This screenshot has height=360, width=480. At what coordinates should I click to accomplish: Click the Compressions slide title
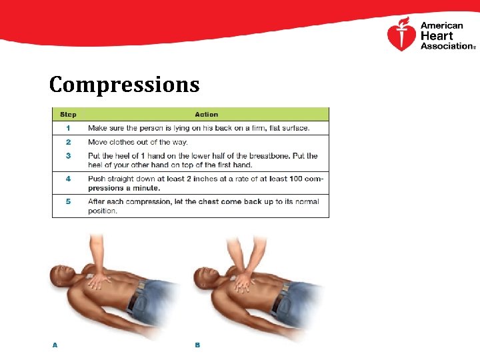tap(124, 85)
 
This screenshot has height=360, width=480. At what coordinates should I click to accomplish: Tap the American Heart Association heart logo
tap(401, 35)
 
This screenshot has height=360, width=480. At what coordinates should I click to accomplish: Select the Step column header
tap(68, 114)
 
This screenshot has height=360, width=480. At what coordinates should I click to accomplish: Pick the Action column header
tap(206, 114)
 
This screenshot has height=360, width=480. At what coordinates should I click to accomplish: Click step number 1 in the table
tap(68, 128)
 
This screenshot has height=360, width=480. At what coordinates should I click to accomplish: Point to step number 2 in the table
tap(68, 142)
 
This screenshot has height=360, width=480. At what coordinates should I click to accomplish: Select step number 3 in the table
tap(68, 156)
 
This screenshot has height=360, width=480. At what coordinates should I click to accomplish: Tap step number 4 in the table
tap(68, 179)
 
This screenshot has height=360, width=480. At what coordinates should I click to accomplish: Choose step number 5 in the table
tap(68, 201)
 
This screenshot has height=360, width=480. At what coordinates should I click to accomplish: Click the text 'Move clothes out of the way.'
tap(138, 142)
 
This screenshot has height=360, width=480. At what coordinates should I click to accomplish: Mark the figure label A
tap(55, 345)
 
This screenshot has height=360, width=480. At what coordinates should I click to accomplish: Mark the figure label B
tap(197, 345)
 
